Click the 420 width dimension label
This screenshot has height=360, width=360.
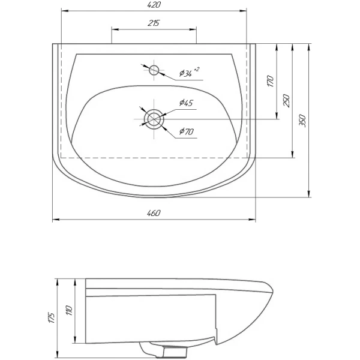tap(154, 5)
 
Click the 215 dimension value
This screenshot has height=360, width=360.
tap(154, 23)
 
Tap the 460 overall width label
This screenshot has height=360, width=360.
tap(154, 213)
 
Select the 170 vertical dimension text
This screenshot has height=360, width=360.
tap(271, 81)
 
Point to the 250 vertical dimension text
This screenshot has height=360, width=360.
tap(287, 100)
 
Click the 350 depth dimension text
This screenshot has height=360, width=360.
tap(302, 121)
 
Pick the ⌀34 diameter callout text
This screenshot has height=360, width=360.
tap(186, 73)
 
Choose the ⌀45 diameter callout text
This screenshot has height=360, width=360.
tap(186, 103)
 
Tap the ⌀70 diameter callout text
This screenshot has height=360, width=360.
tap(187, 131)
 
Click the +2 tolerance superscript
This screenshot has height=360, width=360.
tap(197, 69)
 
